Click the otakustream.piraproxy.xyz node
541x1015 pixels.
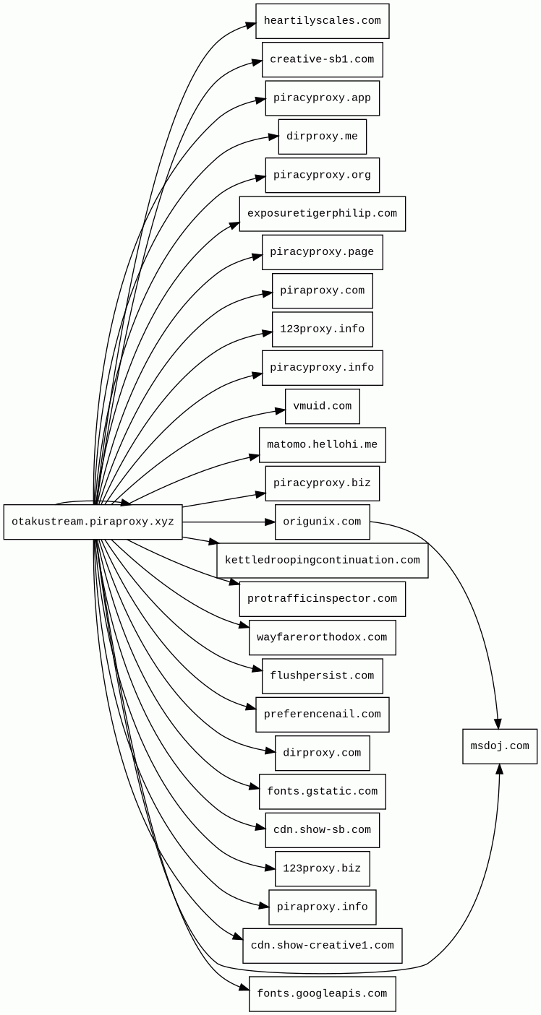(93, 522)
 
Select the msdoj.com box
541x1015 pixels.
(500, 746)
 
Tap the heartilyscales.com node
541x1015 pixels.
(322, 21)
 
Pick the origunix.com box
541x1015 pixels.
(322, 522)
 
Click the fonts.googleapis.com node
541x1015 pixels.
(322, 994)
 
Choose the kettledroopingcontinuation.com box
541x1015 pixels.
(322, 561)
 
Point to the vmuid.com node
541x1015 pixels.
(322, 406)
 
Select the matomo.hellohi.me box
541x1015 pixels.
(322, 445)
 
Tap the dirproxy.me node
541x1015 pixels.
(322, 137)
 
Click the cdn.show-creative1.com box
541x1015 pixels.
(322, 946)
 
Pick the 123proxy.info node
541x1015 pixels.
(322, 329)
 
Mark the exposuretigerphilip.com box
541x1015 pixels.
(322, 214)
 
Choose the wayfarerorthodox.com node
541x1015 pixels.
(322, 638)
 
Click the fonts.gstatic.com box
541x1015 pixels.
(322, 792)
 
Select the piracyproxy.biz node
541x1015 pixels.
(322, 483)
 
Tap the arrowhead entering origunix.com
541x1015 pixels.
(270, 522)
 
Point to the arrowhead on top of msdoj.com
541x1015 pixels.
(498, 724)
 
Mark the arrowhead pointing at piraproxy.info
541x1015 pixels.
(264, 905)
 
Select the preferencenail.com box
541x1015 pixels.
(322, 714)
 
